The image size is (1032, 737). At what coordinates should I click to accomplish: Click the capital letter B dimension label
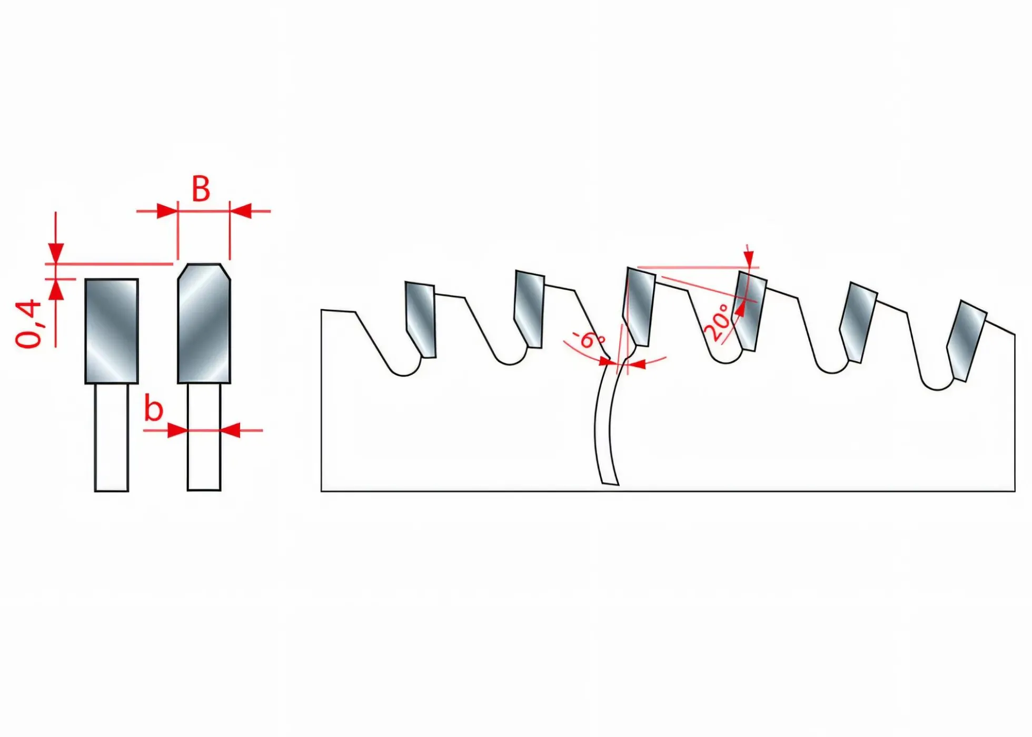[x=201, y=189]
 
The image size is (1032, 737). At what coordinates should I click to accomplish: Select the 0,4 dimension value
[x=28, y=324]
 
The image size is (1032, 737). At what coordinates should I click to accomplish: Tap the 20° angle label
[x=717, y=321]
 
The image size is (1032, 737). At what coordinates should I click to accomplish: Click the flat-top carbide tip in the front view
[x=112, y=331]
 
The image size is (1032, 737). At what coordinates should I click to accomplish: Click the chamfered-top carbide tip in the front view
[x=204, y=323]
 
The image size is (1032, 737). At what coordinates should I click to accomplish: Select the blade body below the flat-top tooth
[x=112, y=438]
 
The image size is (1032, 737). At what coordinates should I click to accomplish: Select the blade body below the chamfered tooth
[x=204, y=437]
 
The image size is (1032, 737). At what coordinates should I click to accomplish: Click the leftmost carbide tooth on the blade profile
[x=420, y=319]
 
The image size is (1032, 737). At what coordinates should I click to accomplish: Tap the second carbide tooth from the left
[x=529, y=309]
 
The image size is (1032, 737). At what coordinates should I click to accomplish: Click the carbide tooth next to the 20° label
[x=750, y=311]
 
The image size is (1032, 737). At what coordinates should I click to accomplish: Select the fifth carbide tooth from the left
[x=858, y=322]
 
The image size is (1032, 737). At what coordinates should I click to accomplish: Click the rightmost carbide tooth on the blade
[x=966, y=340]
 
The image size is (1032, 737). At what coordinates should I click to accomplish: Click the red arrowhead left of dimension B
[x=167, y=211]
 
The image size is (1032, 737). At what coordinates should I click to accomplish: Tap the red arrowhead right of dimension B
[x=240, y=211]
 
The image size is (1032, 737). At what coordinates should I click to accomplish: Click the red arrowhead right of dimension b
[x=231, y=430]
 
